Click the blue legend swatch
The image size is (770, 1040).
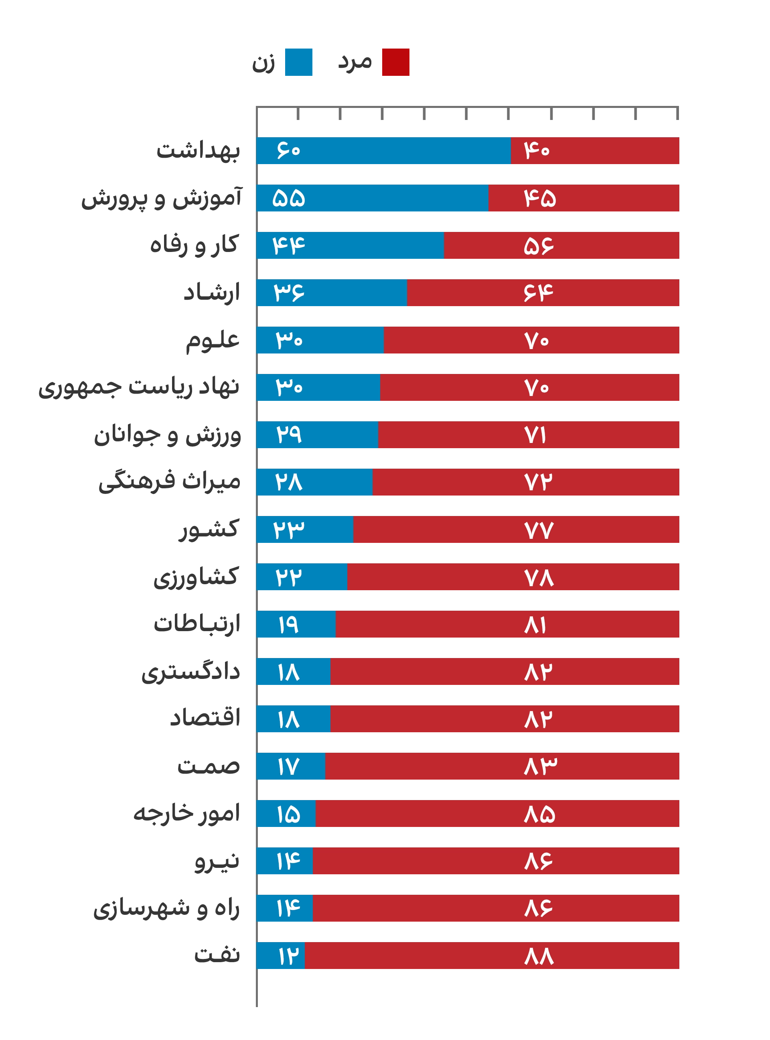pos(298,63)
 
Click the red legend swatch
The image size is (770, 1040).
pos(396,63)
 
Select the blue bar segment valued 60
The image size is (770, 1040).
pos(383,150)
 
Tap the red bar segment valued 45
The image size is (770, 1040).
pos(584,198)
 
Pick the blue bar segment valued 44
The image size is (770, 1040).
pos(350,245)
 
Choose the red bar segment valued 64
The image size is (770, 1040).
pos(543,293)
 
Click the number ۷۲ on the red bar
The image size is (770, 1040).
pos(538,482)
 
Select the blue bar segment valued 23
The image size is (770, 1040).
pos(305,530)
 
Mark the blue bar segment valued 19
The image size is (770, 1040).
pos(296,624)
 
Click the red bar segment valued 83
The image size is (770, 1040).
pos(502,766)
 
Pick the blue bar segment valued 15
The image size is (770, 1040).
pos(286,814)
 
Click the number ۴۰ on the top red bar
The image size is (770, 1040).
pos(537,150)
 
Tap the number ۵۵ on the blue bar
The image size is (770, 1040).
pos(288,198)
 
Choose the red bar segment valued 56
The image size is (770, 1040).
pos(561,245)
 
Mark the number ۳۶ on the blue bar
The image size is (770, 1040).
pos(288,293)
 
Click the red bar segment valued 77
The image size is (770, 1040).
pos(517,530)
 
